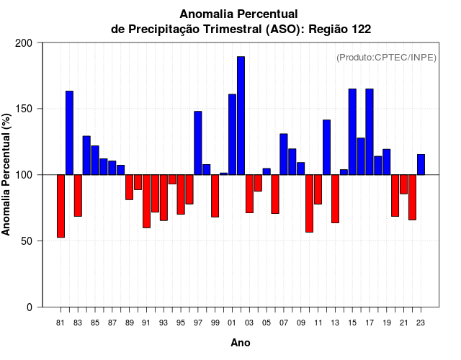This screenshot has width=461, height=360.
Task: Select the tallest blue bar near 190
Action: [241, 115]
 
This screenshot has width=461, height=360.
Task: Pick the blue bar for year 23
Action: [421, 164]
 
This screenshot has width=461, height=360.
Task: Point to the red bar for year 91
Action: [146, 201]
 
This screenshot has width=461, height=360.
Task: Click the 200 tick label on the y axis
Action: [24, 43]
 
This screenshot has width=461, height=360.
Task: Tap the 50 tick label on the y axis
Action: [27, 241]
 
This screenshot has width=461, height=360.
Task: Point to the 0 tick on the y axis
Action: [30, 307]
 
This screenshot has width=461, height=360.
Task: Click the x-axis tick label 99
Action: [215, 323]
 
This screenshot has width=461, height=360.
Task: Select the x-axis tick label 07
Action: [284, 323]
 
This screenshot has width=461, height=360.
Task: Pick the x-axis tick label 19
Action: [387, 323]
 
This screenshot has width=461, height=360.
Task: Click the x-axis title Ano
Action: [241, 343]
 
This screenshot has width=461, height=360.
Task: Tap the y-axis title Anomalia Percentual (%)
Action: [7, 174]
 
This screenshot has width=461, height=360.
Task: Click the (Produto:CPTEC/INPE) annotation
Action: [386, 57]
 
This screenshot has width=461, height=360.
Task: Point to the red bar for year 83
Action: [78, 195]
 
